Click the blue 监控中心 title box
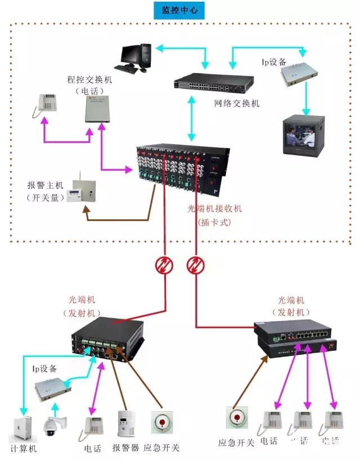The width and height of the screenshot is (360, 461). click(179, 11)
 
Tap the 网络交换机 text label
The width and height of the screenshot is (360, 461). click(237, 103)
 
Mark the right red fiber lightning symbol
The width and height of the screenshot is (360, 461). click(196, 265)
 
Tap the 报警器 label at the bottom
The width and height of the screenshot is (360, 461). click(125, 448)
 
